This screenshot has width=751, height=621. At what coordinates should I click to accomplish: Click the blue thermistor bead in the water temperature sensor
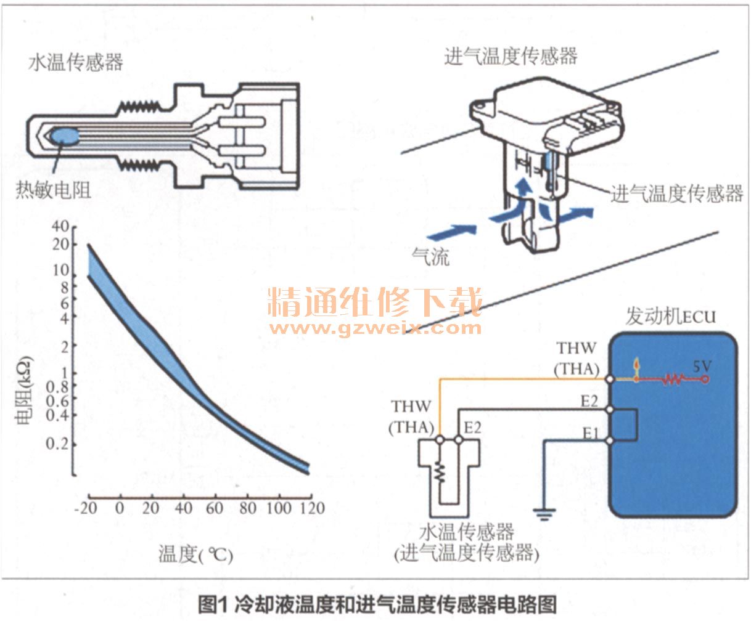[x=64, y=136]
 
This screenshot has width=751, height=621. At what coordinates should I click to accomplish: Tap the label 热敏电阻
[x=53, y=190]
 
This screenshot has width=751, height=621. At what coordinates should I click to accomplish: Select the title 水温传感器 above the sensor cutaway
[x=75, y=62]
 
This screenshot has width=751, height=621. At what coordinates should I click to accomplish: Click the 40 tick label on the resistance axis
[x=60, y=226]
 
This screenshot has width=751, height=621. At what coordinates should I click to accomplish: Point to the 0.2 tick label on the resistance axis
[x=57, y=444]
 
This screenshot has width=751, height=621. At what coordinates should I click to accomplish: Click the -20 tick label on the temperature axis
[x=86, y=508]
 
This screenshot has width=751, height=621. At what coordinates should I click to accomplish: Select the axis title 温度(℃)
[x=195, y=554]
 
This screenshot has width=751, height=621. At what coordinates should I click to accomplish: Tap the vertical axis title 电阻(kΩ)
[x=23, y=391]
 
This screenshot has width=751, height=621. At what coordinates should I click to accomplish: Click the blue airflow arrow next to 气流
[x=452, y=232]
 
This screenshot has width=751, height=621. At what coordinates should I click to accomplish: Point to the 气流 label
[x=430, y=257]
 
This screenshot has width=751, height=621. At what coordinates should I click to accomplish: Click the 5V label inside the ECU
[x=702, y=366]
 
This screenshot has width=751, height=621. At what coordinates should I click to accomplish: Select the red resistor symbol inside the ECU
[x=673, y=379]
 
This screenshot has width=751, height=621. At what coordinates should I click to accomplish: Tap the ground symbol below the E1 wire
[x=544, y=514]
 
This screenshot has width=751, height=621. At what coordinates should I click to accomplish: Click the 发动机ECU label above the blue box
[x=671, y=316]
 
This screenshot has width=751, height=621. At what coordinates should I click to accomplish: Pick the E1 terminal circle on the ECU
[x=610, y=440]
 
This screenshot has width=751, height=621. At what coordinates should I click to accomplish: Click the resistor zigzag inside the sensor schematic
[x=440, y=471]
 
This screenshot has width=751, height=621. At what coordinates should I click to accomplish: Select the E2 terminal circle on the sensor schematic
[x=459, y=439]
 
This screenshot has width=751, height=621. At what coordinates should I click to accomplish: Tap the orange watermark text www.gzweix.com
[x=375, y=328]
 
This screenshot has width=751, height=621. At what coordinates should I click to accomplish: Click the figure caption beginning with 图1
[x=377, y=604]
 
